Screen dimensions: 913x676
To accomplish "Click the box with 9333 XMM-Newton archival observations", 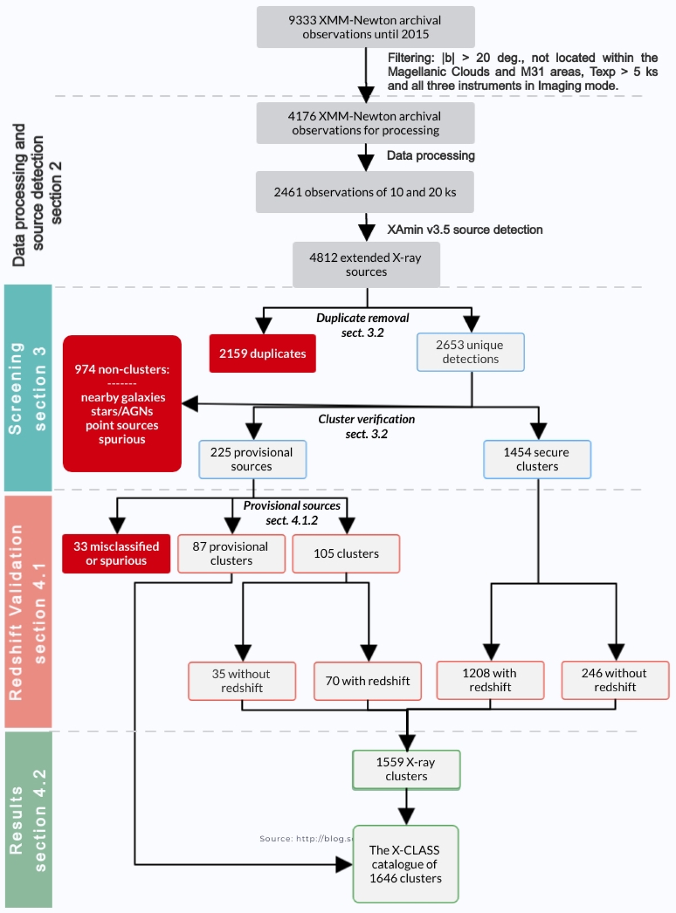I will pyautogui.click(x=366, y=27).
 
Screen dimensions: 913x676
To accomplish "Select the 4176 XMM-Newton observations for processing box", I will pyautogui.click(x=366, y=123).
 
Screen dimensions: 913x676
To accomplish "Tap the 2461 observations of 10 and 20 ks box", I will pyautogui.click(x=365, y=193).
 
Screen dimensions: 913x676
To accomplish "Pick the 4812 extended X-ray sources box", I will pyautogui.click(x=366, y=265).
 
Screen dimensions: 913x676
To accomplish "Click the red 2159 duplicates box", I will pyautogui.click(x=263, y=353).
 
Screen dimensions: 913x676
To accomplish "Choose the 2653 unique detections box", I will pyautogui.click(x=470, y=352).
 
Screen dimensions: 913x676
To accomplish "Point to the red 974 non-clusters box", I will pyautogui.click(x=122, y=404).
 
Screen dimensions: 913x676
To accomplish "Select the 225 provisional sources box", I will pyautogui.click(x=252, y=459).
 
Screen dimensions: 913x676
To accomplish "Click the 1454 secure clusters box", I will pyautogui.click(x=537, y=459).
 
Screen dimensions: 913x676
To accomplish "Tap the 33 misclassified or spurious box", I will pyautogui.click(x=116, y=554).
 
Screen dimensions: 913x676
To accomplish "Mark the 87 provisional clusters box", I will pyautogui.click(x=231, y=554).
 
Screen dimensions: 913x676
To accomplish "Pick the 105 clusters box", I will pyautogui.click(x=346, y=554).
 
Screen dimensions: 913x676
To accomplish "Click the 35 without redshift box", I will pyautogui.click(x=242, y=681).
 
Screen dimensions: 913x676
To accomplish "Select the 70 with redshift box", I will pyautogui.click(x=367, y=681).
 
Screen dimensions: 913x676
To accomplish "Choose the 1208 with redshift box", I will pyautogui.click(x=490, y=680).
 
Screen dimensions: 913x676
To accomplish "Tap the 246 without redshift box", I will pyautogui.click(x=615, y=680).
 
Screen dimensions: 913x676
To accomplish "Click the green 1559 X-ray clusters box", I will pyautogui.click(x=406, y=769).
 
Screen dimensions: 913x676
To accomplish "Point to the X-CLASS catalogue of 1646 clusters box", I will pyautogui.click(x=406, y=864).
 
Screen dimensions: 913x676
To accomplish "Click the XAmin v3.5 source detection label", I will pyautogui.click(x=465, y=230).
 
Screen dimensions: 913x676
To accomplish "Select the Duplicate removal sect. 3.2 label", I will pyautogui.click(x=363, y=325).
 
